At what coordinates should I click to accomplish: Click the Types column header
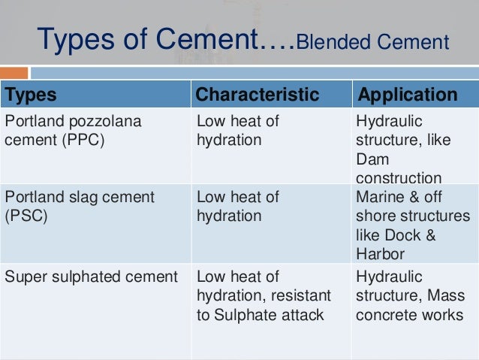(31, 95)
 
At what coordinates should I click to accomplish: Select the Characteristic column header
(257, 95)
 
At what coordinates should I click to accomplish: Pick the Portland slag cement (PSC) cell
(79, 207)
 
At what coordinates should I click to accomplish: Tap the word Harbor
(381, 253)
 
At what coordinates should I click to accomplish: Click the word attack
(302, 315)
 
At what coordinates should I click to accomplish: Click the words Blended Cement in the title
(372, 41)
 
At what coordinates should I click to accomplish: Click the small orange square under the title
(20, 74)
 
